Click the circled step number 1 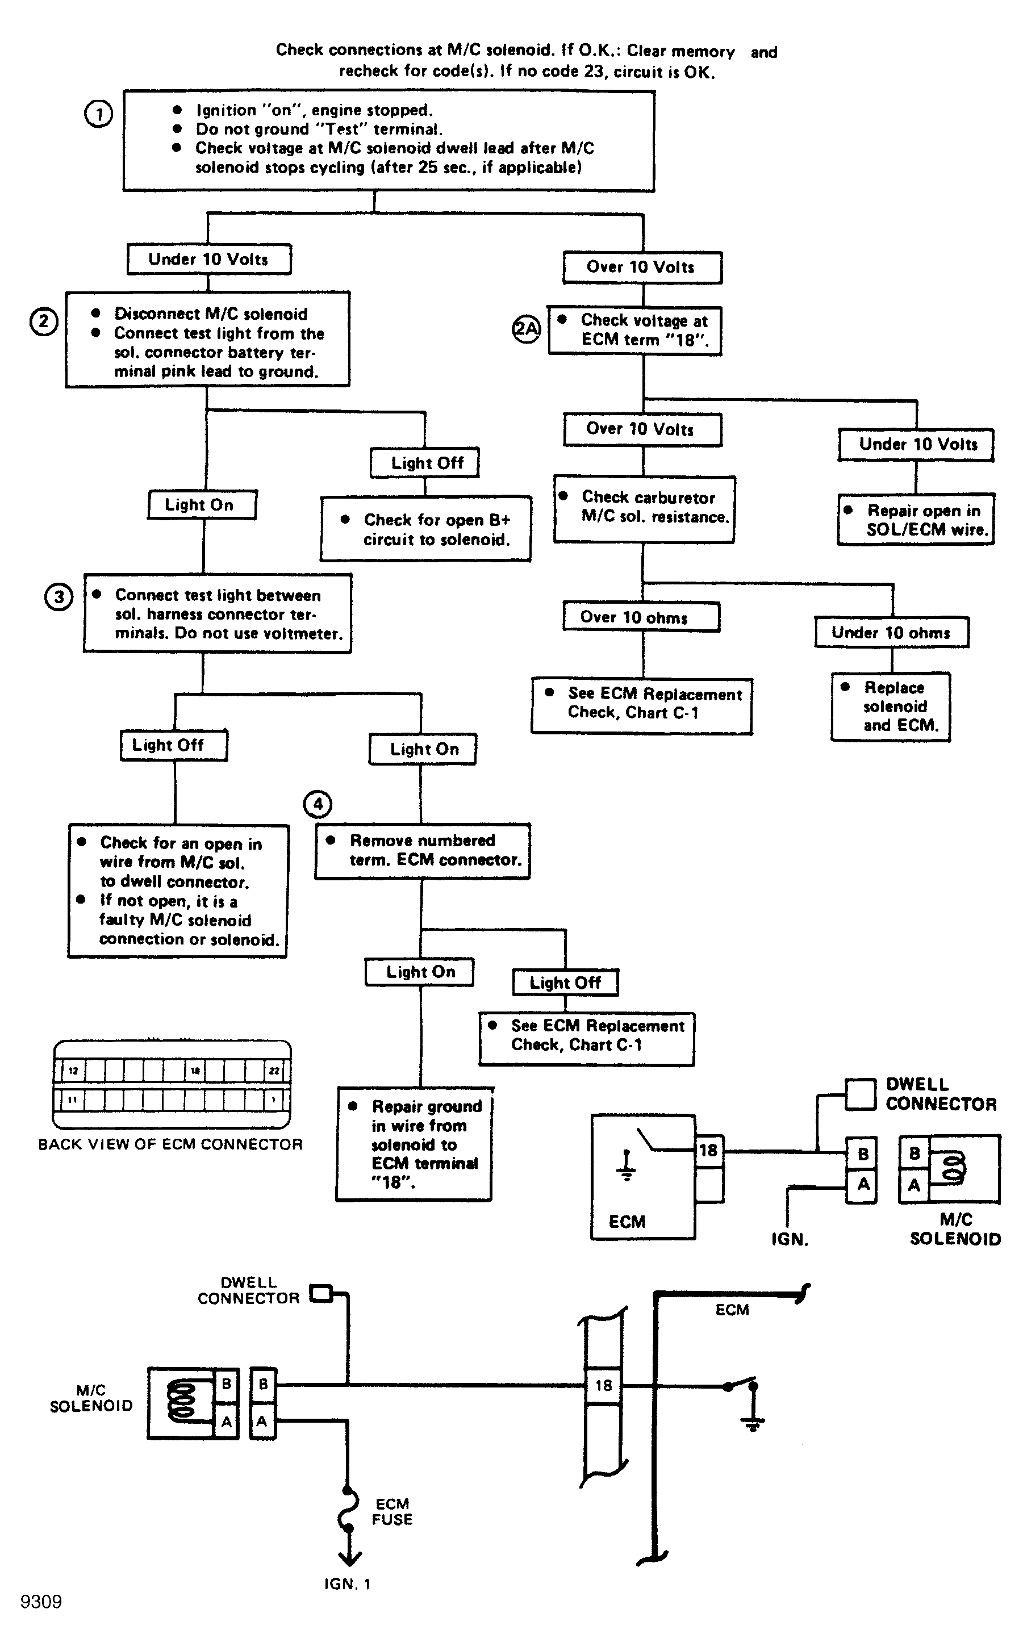(98, 114)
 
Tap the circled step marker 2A (527, 329)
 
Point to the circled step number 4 (318, 804)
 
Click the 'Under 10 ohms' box (891, 632)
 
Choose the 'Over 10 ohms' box (641, 616)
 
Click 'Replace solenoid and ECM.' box (891, 707)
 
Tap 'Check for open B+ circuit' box (425, 529)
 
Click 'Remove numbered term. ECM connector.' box (422, 851)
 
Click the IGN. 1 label (347, 1584)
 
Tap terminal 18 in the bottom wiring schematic (603, 1385)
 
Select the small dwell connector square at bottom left (321, 1293)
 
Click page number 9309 (41, 1602)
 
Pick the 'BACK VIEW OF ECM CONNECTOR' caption (170, 1144)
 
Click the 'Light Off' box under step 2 (424, 463)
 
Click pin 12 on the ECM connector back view (73, 1071)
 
